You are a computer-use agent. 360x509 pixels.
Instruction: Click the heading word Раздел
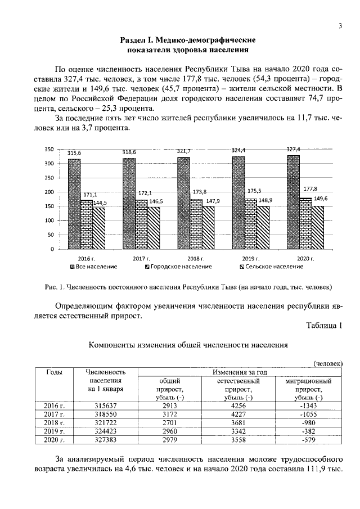[x=134, y=40]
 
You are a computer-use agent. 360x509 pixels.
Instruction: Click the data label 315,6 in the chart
[x=74, y=153]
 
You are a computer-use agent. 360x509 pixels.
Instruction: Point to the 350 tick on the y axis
[x=49, y=150]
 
